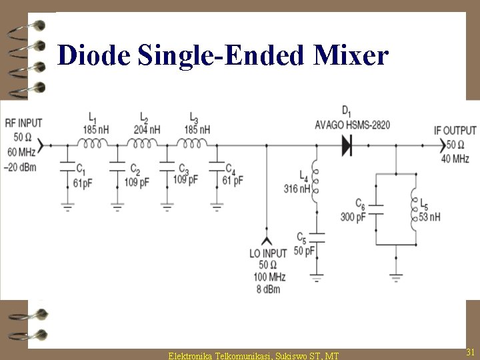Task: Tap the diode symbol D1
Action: [x=346, y=145]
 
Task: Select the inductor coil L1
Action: [x=93, y=143]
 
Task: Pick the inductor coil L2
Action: [x=143, y=143]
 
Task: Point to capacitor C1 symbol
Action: [x=67, y=166]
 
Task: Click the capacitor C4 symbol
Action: [x=217, y=166]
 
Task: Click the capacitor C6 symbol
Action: [x=377, y=210]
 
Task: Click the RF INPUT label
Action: [x=23, y=123]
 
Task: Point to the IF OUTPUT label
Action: [x=455, y=131]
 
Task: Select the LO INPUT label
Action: [x=269, y=253]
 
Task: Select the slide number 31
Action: [x=469, y=351]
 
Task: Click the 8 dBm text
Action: [x=269, y=289]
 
